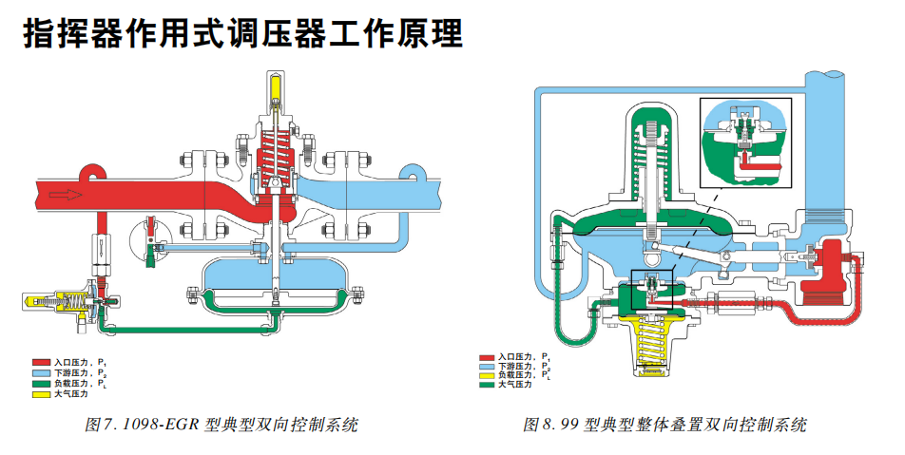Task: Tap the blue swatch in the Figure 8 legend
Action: pos(488,366)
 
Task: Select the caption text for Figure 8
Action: pos(664,425)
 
